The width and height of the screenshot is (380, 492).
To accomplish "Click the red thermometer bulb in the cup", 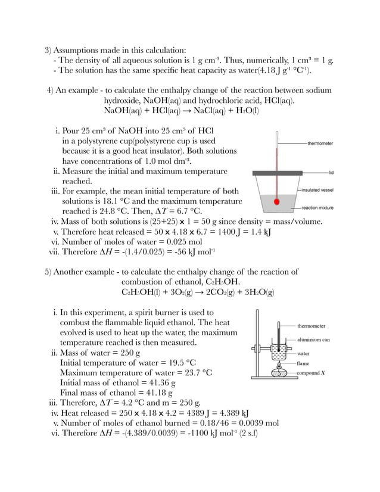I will (276, 201).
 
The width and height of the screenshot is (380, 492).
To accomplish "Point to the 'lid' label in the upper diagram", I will (330, 172).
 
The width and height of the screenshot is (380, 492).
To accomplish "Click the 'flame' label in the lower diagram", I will (304, 362).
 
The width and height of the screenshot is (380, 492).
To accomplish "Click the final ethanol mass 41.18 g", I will (154, 393).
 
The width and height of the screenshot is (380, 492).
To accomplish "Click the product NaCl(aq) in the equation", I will (210, 111).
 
